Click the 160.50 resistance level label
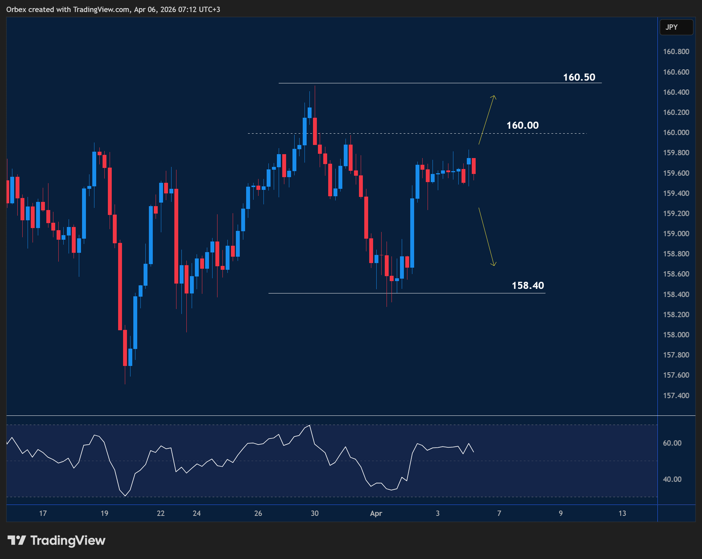click(579, 77)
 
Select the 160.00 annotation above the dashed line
click(522, 125)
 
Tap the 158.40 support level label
click(528, 285)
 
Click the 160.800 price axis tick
click(676, 52)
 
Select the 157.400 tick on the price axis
click(676, 395)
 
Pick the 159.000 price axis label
click(676, 234)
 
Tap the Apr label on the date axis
click(376, 513)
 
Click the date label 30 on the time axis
click(314, 513)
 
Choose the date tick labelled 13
click(622, 513)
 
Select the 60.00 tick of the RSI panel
click(672, 443)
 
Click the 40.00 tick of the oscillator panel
click(672, 479)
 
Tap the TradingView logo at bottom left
click(57, 540)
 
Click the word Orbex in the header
click(16, 10)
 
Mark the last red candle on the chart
click(474, 166)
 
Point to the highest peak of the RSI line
click(310, 425)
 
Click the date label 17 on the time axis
click(43, 513)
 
